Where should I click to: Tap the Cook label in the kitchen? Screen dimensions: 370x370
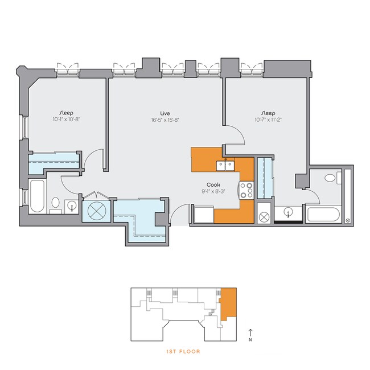pyautogui.click(x=214, y=184)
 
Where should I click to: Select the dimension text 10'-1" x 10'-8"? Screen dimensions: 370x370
pyautogui.click(x=68, y=120)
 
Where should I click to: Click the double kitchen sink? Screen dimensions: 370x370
pyautogui.click(x=226, y=166)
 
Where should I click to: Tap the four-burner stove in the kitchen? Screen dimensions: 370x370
pyautogui.click(x=246, y=190)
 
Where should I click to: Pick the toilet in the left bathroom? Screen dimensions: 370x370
pyautogui.click(x=56, y=203)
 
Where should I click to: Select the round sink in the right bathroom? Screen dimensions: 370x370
pyautogui.click(x=289, y=213)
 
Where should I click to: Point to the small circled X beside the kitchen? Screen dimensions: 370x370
pyautogui.click(x=264, y=217)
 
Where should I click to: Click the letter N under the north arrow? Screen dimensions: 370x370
pyautogui.click(x=250, y=340)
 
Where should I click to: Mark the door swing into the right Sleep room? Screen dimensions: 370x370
pyautogui.click(x=236, y=136)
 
